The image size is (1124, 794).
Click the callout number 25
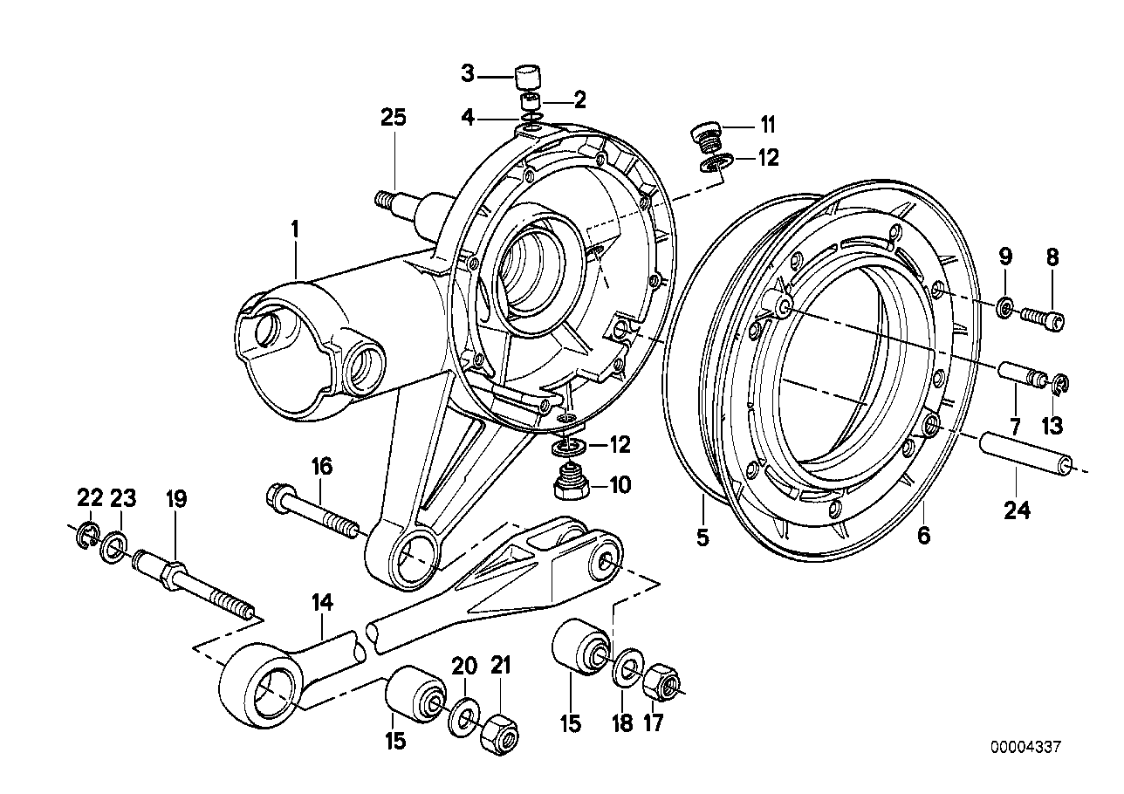394,118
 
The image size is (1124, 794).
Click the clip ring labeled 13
1056,383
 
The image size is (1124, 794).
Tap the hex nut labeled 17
663,683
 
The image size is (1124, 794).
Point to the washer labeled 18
624,673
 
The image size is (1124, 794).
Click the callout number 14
323,601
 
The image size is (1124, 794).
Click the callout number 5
702,537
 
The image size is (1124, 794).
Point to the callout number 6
923,537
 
